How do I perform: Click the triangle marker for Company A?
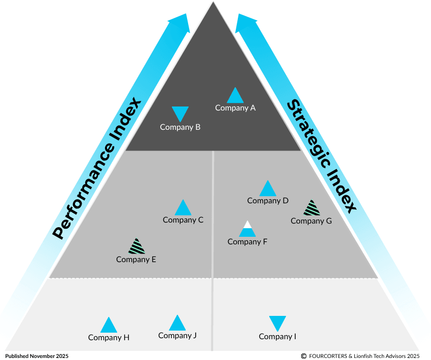(235, 96)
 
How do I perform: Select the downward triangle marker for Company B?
(180, 113)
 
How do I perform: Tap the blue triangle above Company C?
(183, 208)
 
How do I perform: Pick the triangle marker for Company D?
(268, 189)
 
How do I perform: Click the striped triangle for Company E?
(136, 247)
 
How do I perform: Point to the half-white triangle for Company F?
(247, 230)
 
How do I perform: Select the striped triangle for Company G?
(311, 208)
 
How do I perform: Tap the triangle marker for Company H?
(109, 326)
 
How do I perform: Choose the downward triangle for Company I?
(277, 322)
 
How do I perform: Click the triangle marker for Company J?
(177, 323)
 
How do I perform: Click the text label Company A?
(235, 107)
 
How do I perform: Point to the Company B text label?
(180, 127)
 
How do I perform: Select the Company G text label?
(311, 221)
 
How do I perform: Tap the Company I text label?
(277, 336)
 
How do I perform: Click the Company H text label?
(109, 337)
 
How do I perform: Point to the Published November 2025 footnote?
(37, 356)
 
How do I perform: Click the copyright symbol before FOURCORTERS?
(303, 356)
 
